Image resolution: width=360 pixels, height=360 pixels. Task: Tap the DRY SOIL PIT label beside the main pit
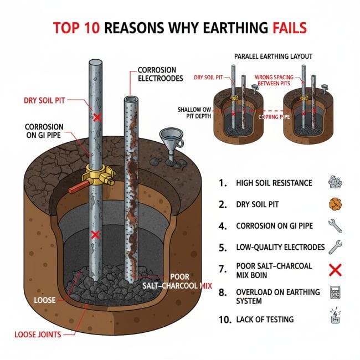pyautogui.click(x=49, y=101)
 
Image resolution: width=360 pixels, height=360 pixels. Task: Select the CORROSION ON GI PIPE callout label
pyautogui.click(x=44, y=131)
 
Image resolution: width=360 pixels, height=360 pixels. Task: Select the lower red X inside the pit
pyautogui.click(x=95, y=235)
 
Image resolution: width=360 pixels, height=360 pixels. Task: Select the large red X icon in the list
pyautogui.click(x=336, y=270)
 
